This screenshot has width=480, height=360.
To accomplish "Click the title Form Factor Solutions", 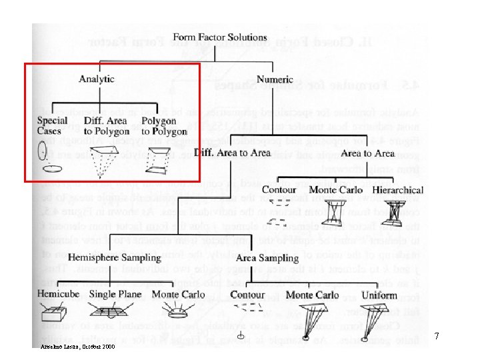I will pyautogui.click(x=220, y=37).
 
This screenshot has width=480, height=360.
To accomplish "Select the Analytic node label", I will pyautogui.click(x=97, y=79).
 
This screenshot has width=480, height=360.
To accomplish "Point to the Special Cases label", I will pyautogui.click(x=52, y=125).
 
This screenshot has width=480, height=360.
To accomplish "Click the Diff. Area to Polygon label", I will pyautogui.click(x=107, y=126).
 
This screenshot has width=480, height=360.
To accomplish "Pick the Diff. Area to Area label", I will pyautogui.click(x=232, y=153).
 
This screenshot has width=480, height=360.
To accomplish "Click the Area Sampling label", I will pyautogui.click(x=267, y=258).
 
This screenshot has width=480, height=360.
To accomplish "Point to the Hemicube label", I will pyautogui.click(x=59, y=295).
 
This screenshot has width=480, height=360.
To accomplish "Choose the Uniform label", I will pyautogui.click(x=398, y=295).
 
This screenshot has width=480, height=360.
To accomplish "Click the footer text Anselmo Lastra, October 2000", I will pyautogui.click(x=77, y=347).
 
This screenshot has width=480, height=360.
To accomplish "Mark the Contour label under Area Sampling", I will pyautogui.click(x=247, y=295).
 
